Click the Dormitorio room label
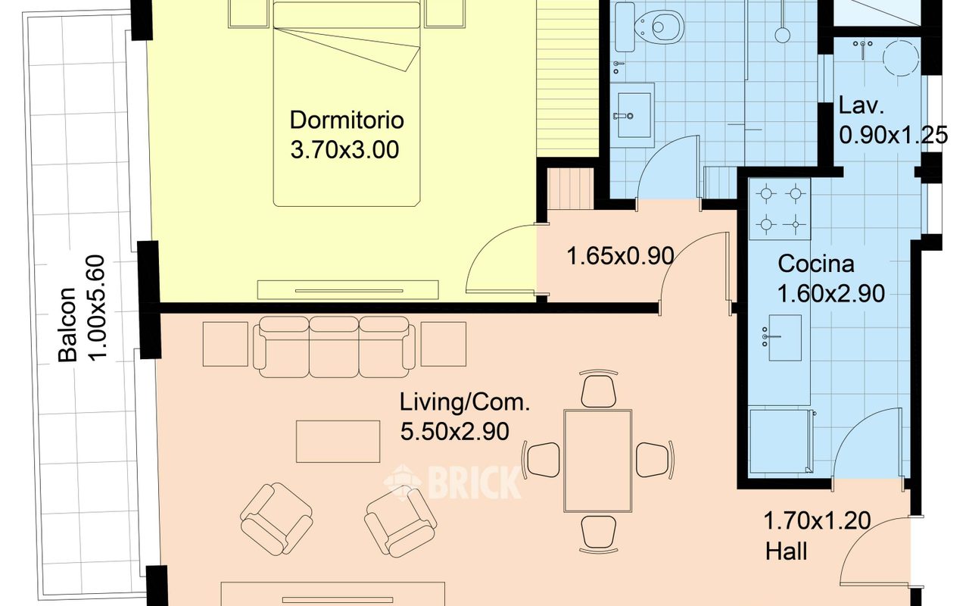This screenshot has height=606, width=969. [347, 120]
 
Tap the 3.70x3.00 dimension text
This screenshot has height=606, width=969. [344, 150]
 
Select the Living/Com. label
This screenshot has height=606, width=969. [465, 402]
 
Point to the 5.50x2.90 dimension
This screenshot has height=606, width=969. [455, 432]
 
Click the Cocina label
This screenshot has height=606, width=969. [816, 264]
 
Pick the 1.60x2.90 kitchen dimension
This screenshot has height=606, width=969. [831, 294]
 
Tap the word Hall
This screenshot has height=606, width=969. [786, 552]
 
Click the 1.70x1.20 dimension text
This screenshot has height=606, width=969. [817, 520]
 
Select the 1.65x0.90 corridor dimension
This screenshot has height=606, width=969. [620, 256]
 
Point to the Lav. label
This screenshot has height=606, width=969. [861, 105]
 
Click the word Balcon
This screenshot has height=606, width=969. [68, 324]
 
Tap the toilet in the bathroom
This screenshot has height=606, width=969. [659, 27]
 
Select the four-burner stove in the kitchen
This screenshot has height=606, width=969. [780, 209]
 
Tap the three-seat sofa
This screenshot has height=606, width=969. [334, 347]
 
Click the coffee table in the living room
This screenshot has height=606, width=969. [338, 442]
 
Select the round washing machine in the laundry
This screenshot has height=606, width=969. [901, 58]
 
